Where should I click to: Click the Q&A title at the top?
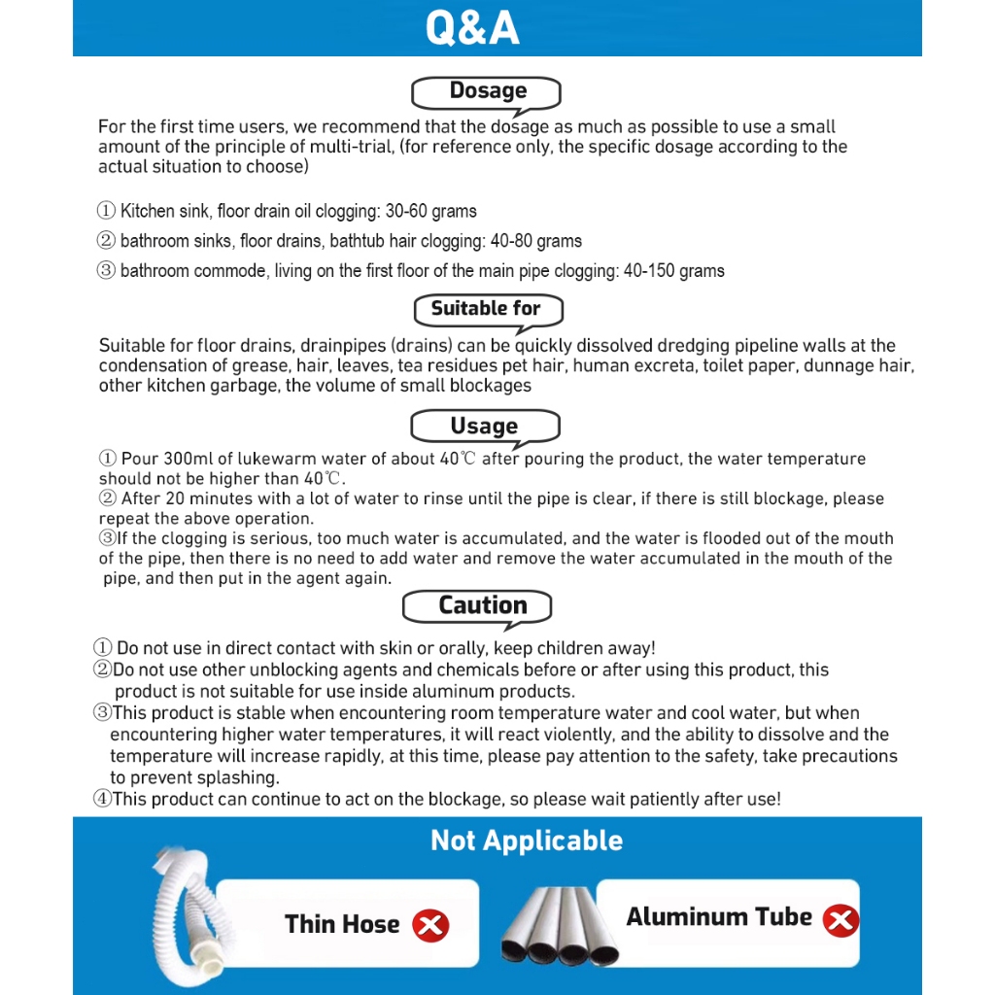(472, 28)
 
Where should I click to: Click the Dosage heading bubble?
(487, 91)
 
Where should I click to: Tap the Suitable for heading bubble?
(486, 309)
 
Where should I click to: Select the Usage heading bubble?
(484, 427)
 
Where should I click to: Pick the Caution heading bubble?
(482, 605)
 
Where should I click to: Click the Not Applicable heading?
(527, 841)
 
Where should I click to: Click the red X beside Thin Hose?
(430, 925)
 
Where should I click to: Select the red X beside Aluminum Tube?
(841, 919)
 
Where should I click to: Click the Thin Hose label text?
(342, 924)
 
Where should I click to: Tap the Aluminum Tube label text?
(719, 917)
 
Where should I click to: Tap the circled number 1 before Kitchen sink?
(107, 211)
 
